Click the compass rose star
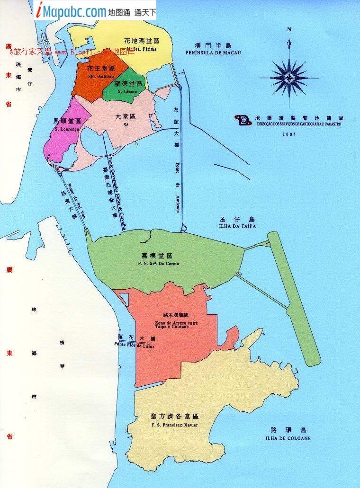tap(289, 76)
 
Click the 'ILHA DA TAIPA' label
tap(237, 227)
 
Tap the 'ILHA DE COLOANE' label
tap(288, 438)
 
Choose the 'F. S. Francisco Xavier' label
tap(174, 425)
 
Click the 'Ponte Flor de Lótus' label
tap(134, 345)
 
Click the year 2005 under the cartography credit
tap(288, 134)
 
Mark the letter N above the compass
tap(289, 30)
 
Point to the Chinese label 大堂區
tap(126, 116)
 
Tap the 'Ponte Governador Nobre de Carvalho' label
tap(116, 194)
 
